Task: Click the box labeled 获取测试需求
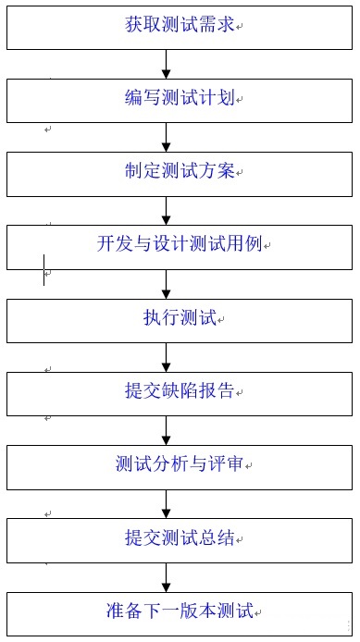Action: click(180, 27)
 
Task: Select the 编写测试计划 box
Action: click(180, 100)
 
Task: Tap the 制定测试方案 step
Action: click(180, 172)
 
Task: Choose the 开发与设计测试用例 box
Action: click(180, 245)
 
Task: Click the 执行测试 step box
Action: click(180, 319)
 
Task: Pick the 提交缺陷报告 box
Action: click(180, 392)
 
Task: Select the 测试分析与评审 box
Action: click(180, 465)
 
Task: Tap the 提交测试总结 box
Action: click(180, 538)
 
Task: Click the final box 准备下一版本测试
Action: click(180, 612)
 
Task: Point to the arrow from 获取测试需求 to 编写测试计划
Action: click(168, 64)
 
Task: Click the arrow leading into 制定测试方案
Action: click(168, 137)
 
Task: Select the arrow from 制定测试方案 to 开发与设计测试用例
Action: click(168, 209)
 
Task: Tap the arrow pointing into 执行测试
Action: click(168, 283)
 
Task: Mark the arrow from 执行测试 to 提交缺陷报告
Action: click(168, 356)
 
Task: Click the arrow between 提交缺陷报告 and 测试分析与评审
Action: click(168, 429)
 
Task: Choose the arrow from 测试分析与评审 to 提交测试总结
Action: click(168, 502)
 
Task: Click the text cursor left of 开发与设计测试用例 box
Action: click(43, 269)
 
